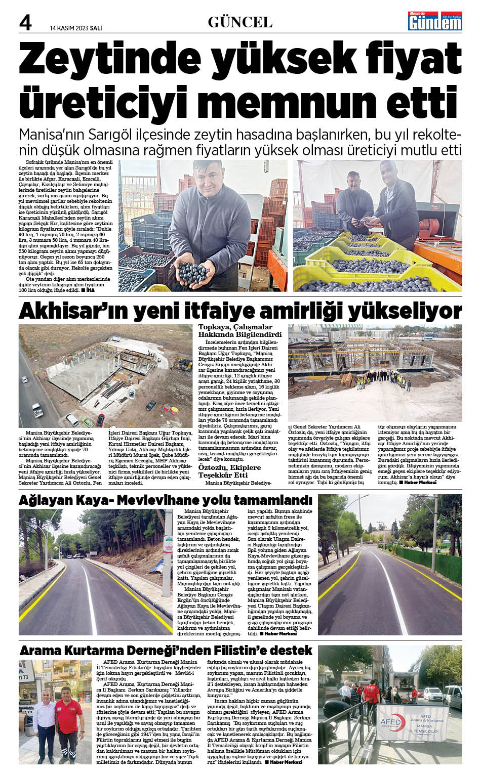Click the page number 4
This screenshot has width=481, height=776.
click(x=25, y=22)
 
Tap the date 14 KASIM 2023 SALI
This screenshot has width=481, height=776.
click(x=76, y=28)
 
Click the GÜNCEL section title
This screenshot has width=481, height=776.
click(x=240, y=22)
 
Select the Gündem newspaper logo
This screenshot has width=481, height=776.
click(x=435, y=21)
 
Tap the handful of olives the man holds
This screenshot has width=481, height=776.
click(x=192, y=273)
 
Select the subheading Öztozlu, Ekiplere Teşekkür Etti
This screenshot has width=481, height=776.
click(x=229, y=471)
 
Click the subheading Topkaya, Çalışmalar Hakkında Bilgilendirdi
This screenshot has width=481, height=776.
click(x=239, y=331)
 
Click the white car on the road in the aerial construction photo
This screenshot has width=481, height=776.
click(x=37, y=409)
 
